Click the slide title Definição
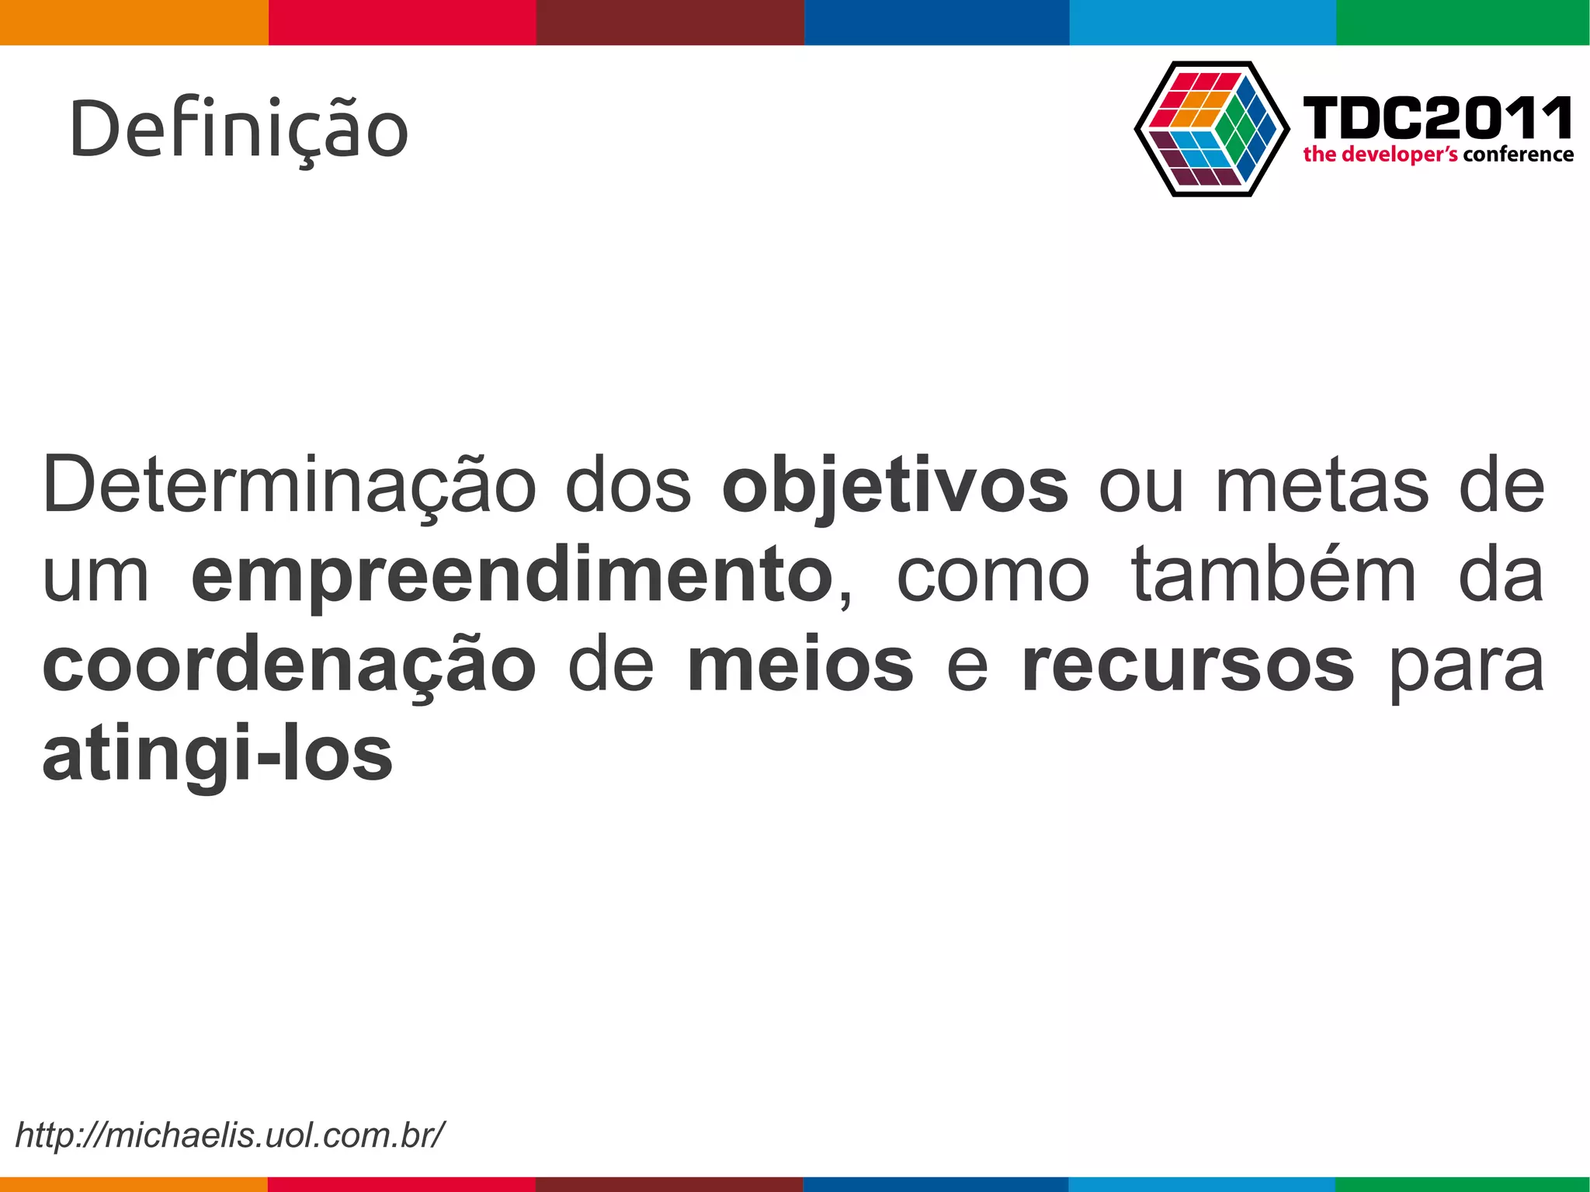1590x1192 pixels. click(238, 130)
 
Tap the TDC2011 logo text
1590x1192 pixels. click(1437, 118)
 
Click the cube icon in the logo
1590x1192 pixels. click(1211, 129)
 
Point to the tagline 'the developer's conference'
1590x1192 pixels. click(1438, 155)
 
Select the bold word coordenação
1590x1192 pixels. click(289, 666)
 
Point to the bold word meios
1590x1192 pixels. click(800, 666)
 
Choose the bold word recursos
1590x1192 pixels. click(1188, 666)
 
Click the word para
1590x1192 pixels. click(1466, 666)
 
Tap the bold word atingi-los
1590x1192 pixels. click(217, 755)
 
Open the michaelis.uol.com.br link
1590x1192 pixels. click(230, 1135)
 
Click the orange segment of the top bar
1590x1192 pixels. click(134, 22)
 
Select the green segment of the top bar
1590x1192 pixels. click(1463, 22)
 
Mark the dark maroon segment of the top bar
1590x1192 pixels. click(670, 22)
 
